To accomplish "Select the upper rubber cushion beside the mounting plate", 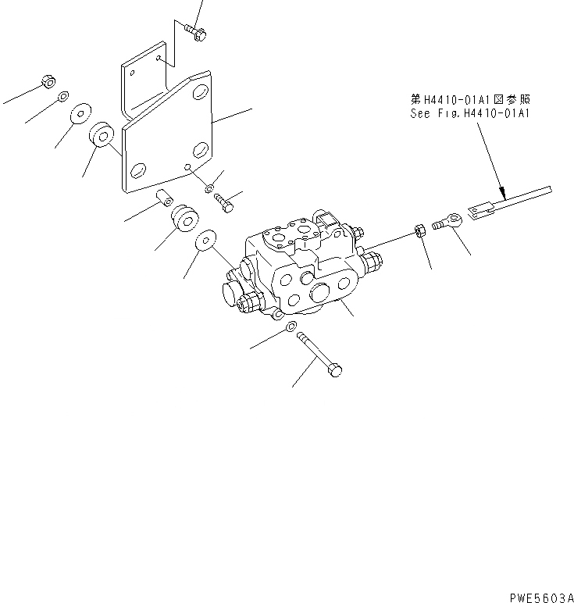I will pos(102,135).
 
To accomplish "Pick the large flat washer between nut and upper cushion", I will pos(80,114).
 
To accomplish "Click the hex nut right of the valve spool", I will pos(419,230).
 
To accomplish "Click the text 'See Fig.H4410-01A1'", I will pos(469,113).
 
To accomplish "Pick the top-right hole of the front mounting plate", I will pos(203,92).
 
